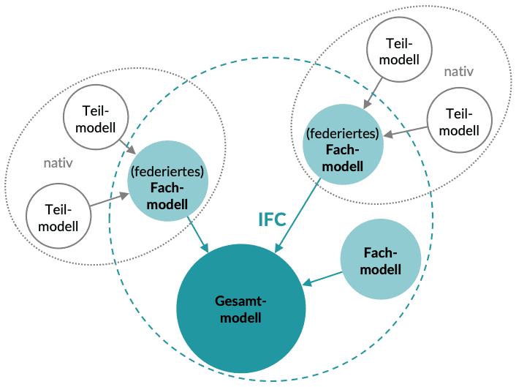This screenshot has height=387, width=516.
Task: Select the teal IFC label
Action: tap(273, 220)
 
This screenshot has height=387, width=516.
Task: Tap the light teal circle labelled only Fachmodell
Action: tap(382, 260)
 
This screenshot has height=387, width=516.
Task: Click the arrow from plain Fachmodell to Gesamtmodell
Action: tap(323, 278)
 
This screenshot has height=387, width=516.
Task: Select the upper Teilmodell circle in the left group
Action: tap(96, 119)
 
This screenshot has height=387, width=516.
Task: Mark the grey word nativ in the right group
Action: tap(458, 71)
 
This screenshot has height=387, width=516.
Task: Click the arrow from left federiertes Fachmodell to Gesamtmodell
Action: tap(198, 234)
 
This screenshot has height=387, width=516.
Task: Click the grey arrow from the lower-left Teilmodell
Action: tap(109, 200)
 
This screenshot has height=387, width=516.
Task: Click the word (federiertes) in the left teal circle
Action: tap(167, 173)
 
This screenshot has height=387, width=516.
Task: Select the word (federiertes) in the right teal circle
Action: tap(344, 134)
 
